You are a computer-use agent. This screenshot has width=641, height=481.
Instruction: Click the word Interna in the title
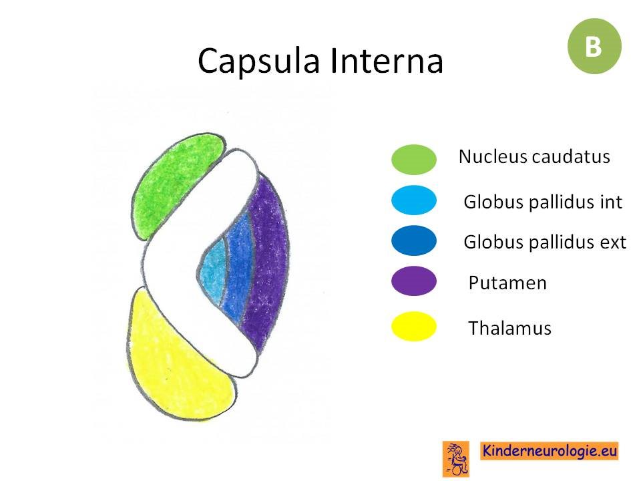[387, 60]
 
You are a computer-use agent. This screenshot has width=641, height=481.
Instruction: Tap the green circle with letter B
[594, 46]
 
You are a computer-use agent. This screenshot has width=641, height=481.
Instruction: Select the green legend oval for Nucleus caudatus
[414, 160]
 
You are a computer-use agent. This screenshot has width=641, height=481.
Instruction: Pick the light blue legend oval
[414, 200]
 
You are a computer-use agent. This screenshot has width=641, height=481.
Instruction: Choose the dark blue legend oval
[414, 240]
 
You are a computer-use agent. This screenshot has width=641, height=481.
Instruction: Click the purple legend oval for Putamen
[414, 281]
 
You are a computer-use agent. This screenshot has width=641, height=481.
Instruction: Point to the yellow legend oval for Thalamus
[414, 326]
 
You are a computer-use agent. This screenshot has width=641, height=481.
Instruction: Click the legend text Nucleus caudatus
[534, 156]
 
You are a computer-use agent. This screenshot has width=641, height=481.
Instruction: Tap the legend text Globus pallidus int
[543, 202]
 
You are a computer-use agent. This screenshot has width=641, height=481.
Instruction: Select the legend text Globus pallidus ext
[545, 242]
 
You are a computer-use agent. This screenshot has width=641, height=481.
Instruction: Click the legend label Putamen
[507, 283]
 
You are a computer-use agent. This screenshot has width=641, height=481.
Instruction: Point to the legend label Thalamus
[509, 327]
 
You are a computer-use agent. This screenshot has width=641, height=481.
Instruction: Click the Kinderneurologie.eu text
[549, 451]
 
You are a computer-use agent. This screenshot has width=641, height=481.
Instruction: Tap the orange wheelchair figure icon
[456, 458]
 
